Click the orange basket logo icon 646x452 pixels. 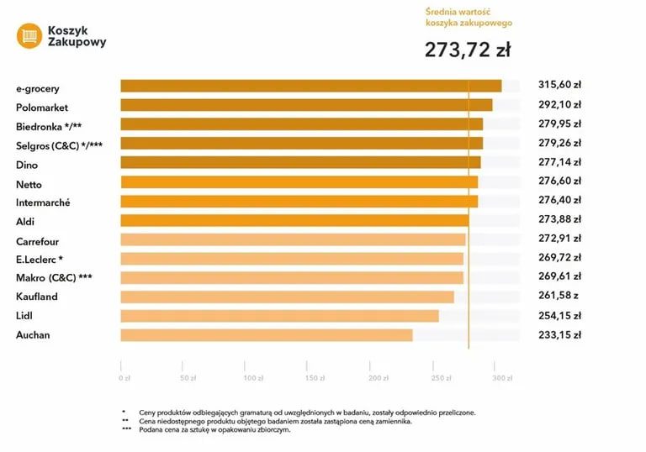(29, 35)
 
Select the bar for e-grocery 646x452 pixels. (310, 86)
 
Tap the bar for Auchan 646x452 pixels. (266, 335)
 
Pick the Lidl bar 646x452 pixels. (279, 316)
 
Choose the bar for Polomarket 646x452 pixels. (306, 105)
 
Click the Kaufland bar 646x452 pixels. (287, 297)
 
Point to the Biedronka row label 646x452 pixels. (48, 127)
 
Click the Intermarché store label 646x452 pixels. (43, 203)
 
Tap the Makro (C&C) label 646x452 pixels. (54, 277)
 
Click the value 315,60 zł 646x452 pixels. (560, 85)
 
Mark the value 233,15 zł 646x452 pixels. (560, 334)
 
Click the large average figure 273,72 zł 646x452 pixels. (467, 50)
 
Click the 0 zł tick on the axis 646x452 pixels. (124, 378)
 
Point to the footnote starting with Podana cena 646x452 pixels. (210, 429)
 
